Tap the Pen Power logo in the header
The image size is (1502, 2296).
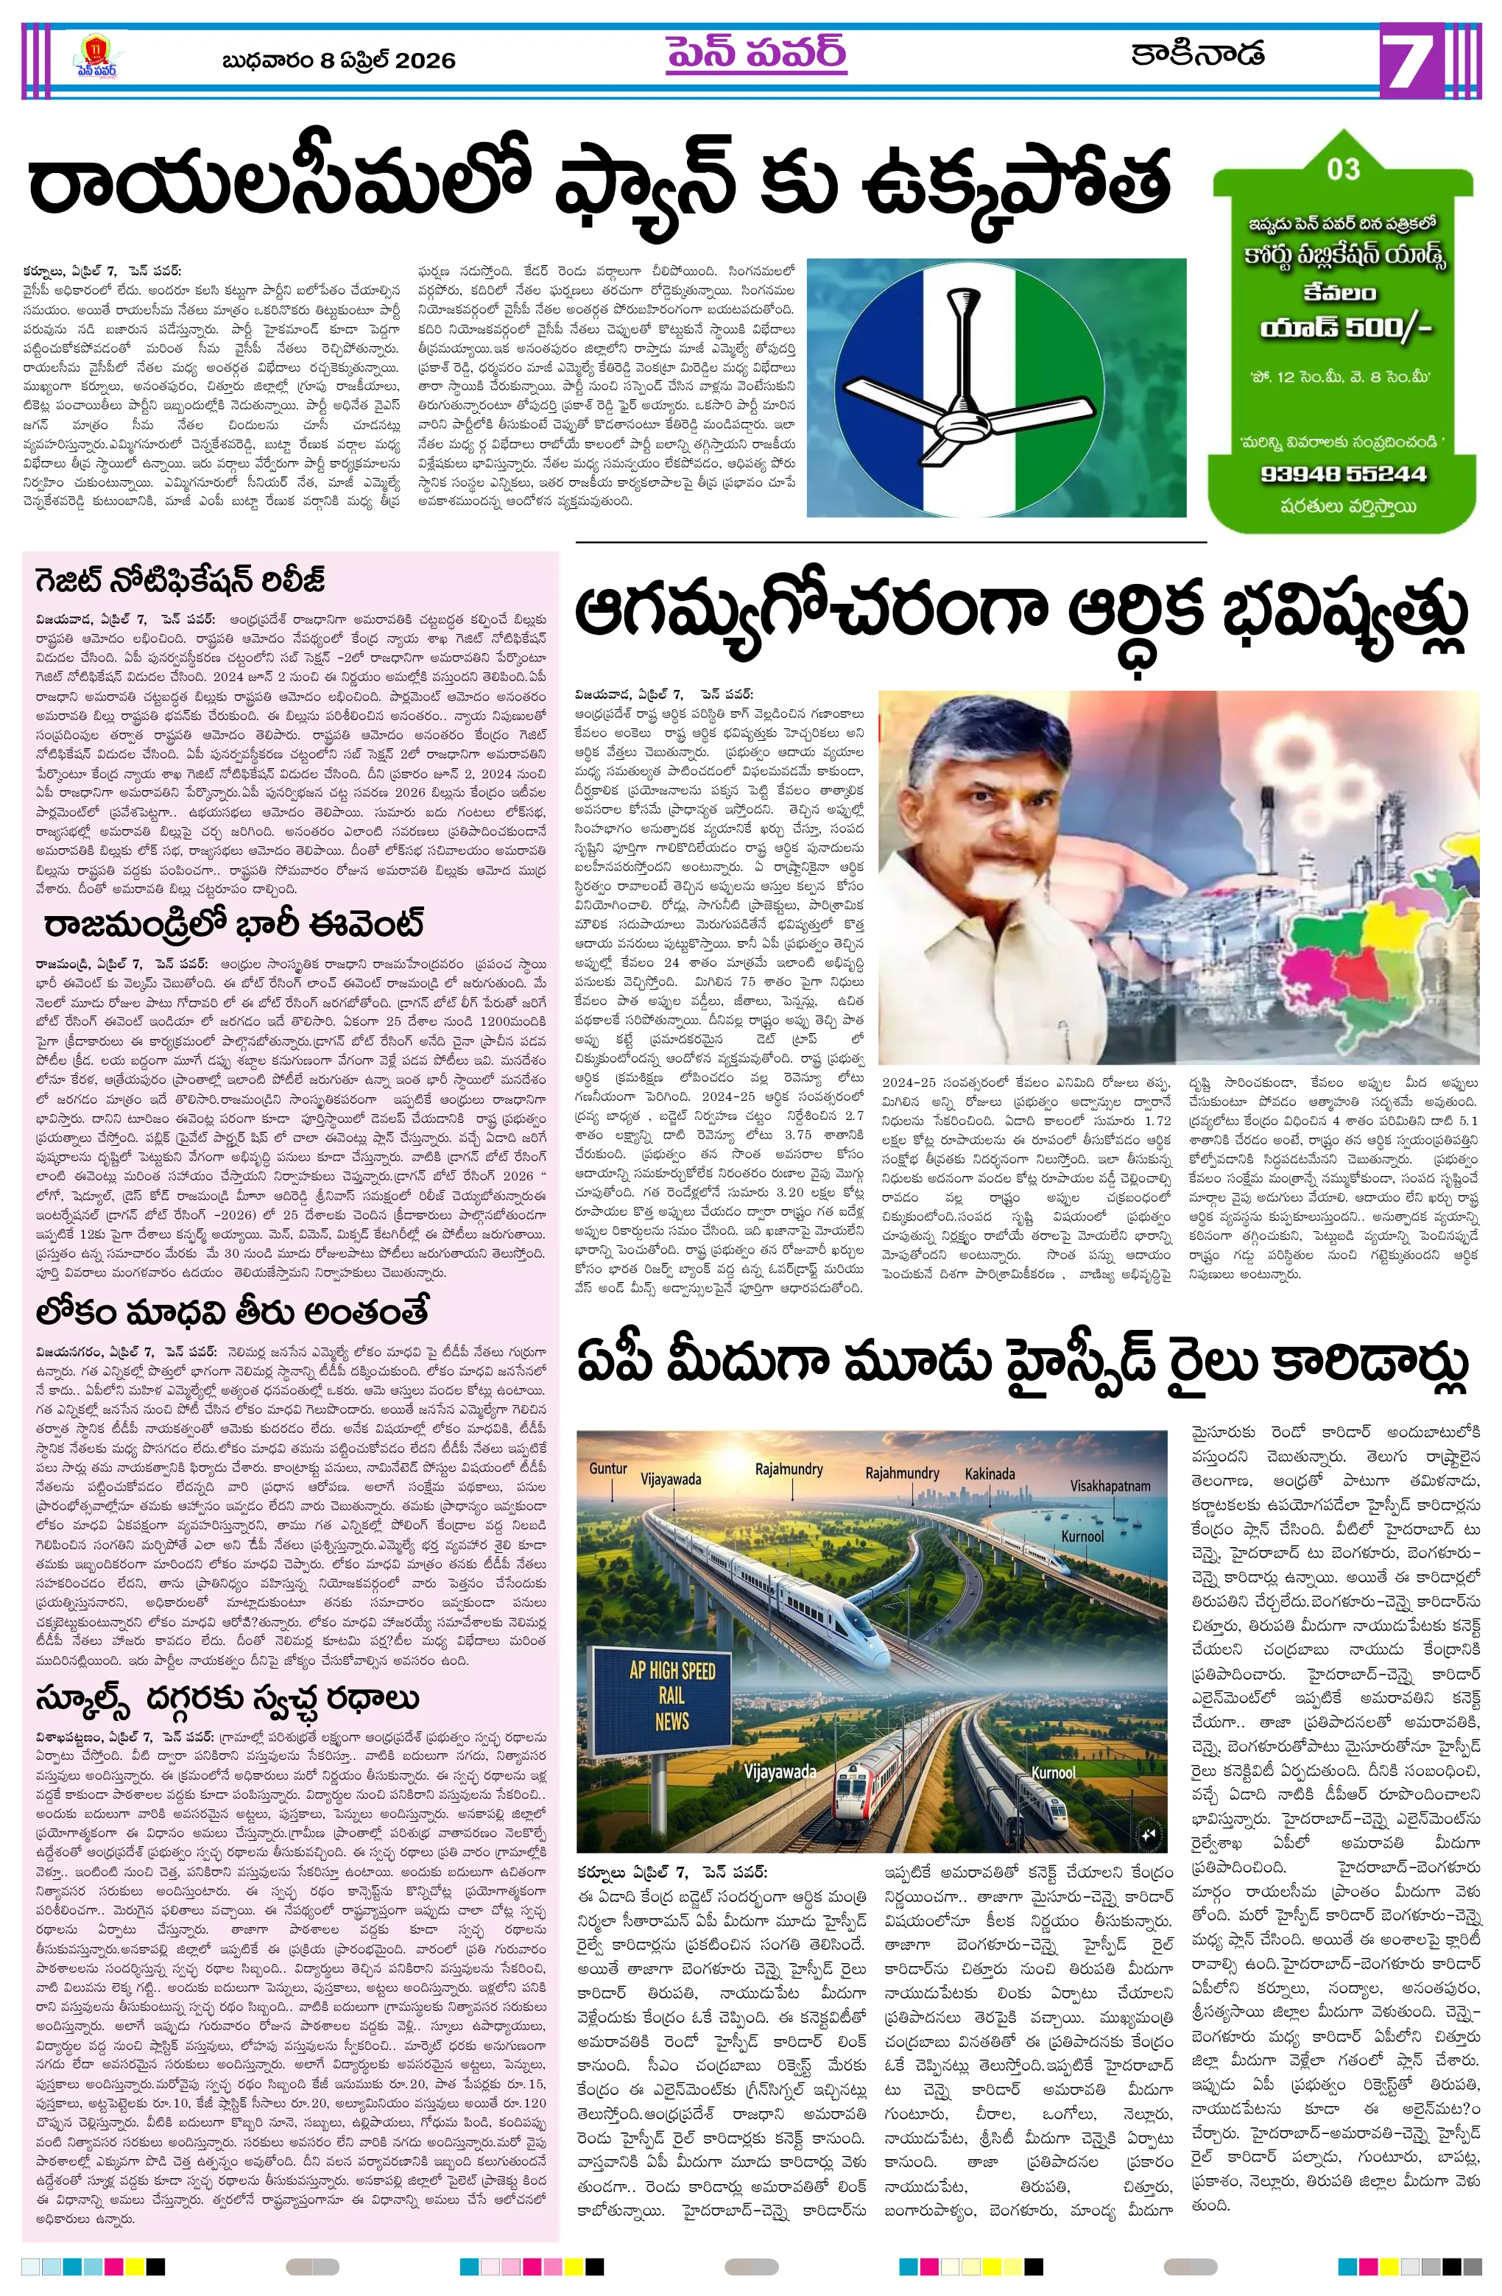click(96, 58)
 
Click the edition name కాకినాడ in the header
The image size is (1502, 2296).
click(1197, 53)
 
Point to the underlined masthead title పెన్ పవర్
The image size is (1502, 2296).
click(755, 53)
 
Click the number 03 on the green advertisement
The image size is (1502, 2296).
click(1342, 170)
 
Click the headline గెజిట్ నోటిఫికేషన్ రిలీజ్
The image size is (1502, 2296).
click(180, 581)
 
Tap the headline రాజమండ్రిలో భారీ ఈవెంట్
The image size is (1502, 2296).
click(233, 924)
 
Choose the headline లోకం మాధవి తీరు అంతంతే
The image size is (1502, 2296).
click(231, 1312)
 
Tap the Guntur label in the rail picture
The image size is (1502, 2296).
click(607, 1469)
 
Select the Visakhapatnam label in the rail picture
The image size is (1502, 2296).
click(1110, 1486)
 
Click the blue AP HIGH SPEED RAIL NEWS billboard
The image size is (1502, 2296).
click(671, 1695)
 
